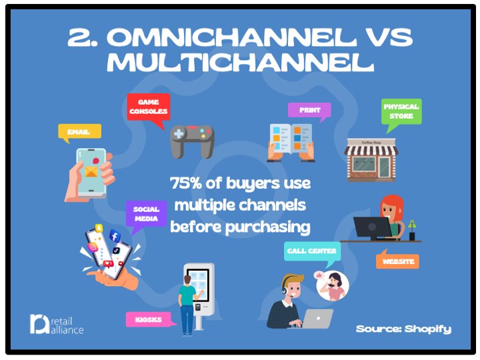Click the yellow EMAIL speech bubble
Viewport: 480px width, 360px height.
point(79,131)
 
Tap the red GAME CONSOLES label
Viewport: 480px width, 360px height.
point(149,107)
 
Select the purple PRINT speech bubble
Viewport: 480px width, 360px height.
point(309,110)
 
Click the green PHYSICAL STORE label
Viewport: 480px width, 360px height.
point(401,111)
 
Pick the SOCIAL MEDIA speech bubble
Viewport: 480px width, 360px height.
point(146,214)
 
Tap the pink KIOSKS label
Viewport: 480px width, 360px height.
point(149,319)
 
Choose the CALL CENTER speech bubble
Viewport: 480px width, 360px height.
point(312,251)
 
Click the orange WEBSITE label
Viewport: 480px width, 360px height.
point(397,261)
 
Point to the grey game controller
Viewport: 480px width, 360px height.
point(192,141)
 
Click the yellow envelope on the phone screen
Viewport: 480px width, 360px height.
point(91,171)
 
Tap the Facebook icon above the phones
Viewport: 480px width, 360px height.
point(115,236)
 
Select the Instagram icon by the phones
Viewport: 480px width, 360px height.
point(93,247)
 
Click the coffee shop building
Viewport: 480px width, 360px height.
point(371,160)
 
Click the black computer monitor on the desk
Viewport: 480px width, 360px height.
point(373,229)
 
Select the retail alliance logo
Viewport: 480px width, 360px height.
point(57,324)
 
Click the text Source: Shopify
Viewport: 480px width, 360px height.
point(403,329)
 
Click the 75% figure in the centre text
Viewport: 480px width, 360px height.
point(186,183)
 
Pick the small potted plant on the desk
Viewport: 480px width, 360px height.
point(413,230)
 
